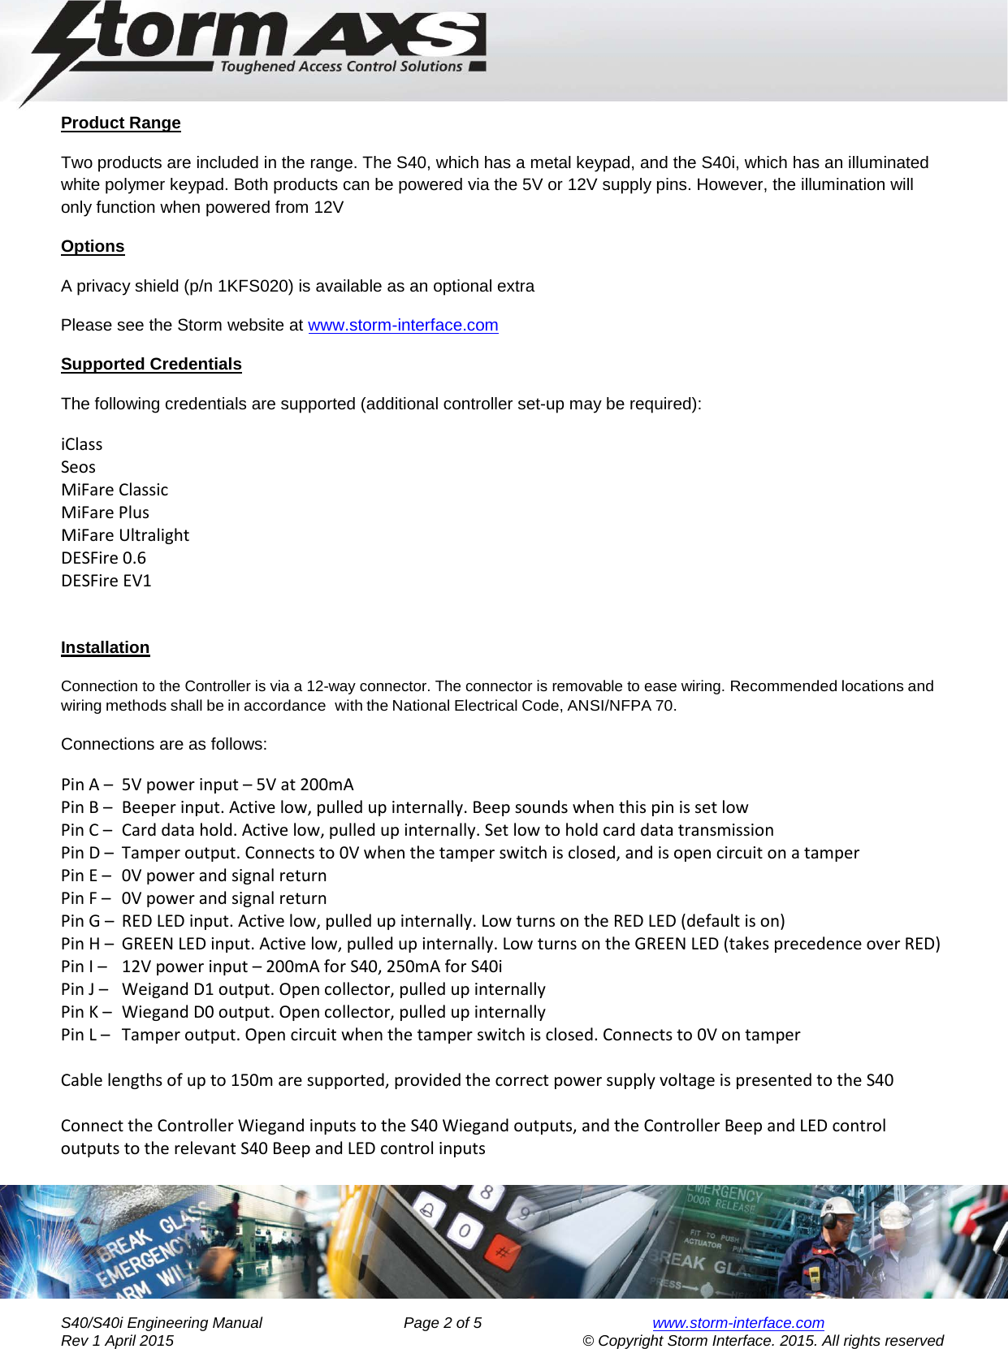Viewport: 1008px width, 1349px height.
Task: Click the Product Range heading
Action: coord(120,123)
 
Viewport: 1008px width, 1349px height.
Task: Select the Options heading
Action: coord(93,246)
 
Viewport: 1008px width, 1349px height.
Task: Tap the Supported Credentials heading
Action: coord(151,364)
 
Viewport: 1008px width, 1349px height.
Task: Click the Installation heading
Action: coord(105,647)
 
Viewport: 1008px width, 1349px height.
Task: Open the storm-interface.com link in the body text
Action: coord(403,325)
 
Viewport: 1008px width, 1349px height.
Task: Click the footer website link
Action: coord(738,1322)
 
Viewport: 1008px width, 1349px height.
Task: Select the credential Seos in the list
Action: coord(78,467)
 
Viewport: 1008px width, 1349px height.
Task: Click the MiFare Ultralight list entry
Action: coord(125,535)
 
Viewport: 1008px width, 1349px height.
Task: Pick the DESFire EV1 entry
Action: coord(106,581)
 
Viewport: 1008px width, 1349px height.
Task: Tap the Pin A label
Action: coord(80,785)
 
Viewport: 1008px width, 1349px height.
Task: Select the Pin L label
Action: coord(80,1035)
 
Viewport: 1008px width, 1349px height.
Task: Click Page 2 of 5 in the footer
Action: coord(442,1322)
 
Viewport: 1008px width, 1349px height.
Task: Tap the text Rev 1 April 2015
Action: coord(117,1340)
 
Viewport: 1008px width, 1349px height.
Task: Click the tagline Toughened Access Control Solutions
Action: coord(341,67)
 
